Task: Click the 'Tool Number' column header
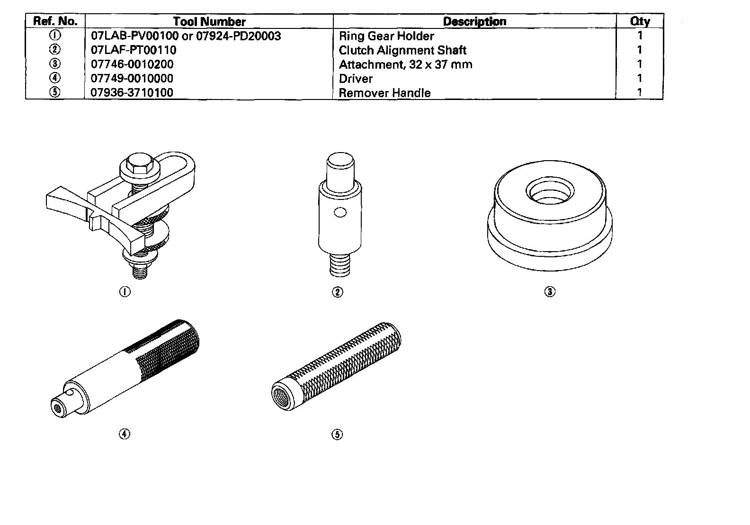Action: point(209,21)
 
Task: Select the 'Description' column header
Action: point(474,21)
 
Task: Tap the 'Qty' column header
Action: point(640,21)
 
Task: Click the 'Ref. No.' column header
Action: point(55,21)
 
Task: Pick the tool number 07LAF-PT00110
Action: point(133,50)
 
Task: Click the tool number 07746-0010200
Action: point(132,64)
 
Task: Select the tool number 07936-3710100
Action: point(132,92)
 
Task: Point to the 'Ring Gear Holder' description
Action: point(386,36)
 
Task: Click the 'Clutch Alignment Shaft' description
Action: point(402,50)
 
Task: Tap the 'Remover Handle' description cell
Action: point(384,93)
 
